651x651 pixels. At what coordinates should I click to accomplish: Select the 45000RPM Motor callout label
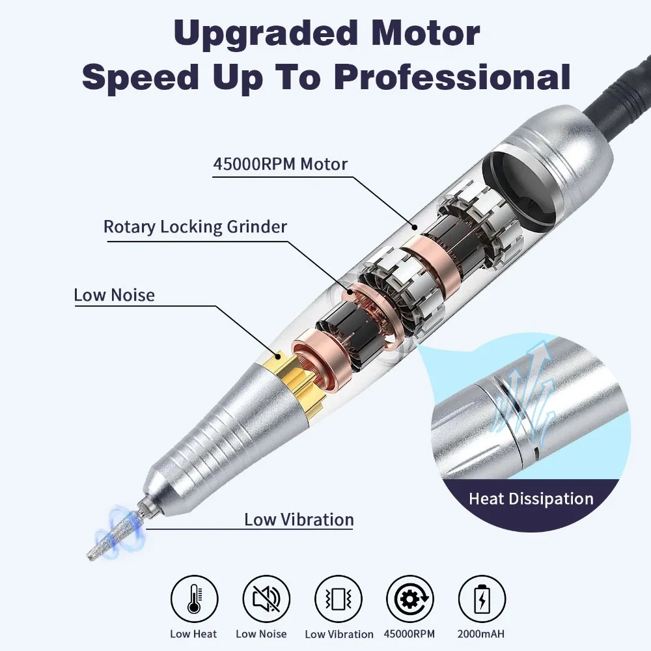[281, 163]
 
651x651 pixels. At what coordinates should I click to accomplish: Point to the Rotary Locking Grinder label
[195, 227]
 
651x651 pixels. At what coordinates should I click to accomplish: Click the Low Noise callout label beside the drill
[114, 295]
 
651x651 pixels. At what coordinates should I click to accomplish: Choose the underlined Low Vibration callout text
[299, 519]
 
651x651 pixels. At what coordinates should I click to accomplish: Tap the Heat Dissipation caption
[531, 499]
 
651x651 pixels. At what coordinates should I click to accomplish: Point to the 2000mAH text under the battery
[482, 633]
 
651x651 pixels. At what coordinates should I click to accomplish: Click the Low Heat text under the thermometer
[194, 633]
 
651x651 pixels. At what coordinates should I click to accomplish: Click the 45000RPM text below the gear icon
[409, 633]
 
